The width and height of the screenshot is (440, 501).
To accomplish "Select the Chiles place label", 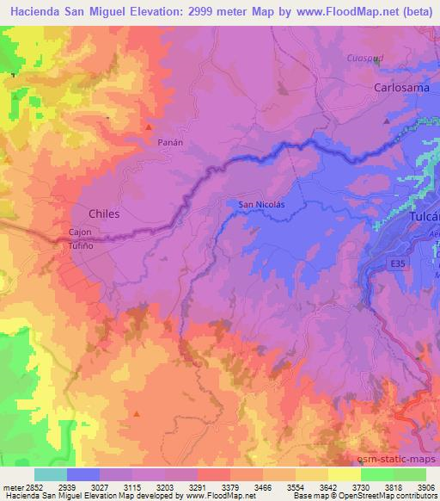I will pyautogui.click(x=104, y=212).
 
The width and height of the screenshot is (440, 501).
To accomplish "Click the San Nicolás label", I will pyautogui.click(x=261, y=204).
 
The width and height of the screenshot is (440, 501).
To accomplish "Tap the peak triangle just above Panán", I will pyautogui.click(x=149, y=127).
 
